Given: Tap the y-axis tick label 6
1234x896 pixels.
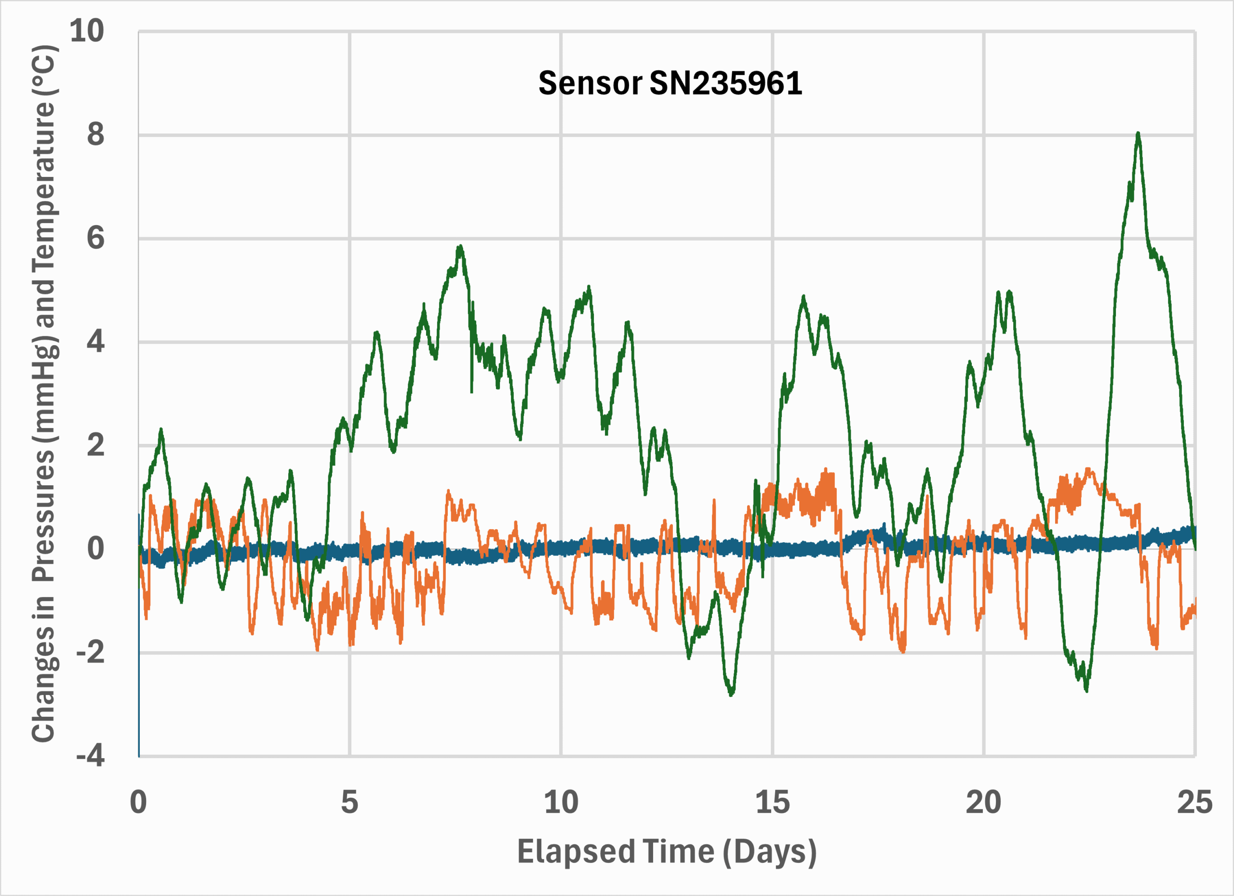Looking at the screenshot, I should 95,238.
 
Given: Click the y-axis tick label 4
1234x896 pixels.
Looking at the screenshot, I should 95,342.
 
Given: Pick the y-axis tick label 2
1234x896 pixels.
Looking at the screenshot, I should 95,445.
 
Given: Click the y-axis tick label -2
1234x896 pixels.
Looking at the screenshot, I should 90,652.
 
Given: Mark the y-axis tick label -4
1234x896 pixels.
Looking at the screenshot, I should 90,756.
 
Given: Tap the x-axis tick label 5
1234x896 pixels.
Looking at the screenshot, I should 349,802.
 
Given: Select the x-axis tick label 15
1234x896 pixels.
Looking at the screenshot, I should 772,802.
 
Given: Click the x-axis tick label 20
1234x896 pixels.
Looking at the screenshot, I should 983,802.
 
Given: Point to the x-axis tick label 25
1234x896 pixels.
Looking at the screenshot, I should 1195,802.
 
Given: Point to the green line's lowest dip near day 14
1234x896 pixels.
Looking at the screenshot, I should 731,694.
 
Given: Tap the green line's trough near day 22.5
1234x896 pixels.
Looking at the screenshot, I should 1086,690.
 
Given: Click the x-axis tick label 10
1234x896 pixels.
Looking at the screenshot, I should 561,802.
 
